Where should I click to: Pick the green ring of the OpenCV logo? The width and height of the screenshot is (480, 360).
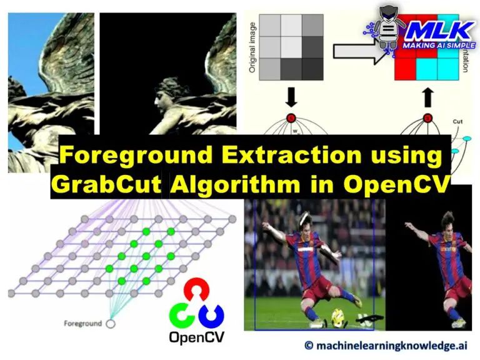182,314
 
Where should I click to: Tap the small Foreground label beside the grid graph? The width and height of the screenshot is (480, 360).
83,324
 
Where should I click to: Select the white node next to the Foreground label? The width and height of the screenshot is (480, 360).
111,324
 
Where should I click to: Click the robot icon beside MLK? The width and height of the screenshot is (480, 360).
389,28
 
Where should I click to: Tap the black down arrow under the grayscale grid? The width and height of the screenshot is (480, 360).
291,99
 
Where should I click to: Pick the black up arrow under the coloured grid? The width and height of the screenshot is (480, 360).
427,97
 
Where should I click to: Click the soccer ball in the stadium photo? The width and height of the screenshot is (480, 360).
339,316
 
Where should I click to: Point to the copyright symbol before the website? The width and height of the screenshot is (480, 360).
309,345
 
